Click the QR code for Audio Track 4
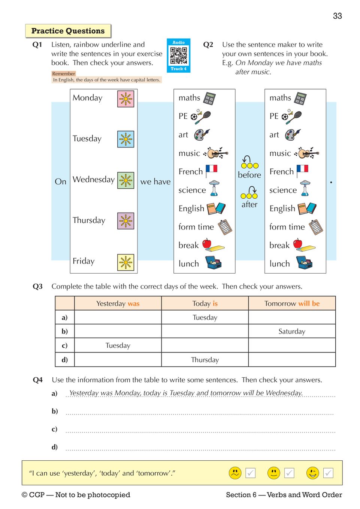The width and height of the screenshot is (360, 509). (179, 56)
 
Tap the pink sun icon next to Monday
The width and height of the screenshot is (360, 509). (125, 99)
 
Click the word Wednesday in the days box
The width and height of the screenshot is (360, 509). (94, 180)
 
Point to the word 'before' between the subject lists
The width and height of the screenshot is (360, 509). (249, 175)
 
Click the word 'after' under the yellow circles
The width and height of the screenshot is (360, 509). (249, 204)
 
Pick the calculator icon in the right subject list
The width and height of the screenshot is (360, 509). (300, 98)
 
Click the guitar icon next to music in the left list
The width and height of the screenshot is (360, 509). (216, 153)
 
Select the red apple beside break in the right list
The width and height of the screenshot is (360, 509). (298, 244)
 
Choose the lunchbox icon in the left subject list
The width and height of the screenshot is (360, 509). (214, 263)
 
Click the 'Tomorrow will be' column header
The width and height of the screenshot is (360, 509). (292, 304)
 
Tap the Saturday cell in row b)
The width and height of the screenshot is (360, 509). (292, 331)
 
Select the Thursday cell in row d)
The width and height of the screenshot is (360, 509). (205, 360)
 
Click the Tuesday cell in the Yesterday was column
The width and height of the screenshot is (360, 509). (118, 345)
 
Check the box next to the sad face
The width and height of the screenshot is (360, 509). (251, 473)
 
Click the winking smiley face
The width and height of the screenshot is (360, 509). (312, 473)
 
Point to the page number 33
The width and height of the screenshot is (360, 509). (337, 16)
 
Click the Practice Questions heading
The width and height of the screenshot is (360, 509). (68, 31)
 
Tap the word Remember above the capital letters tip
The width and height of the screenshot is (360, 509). (64, 74)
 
